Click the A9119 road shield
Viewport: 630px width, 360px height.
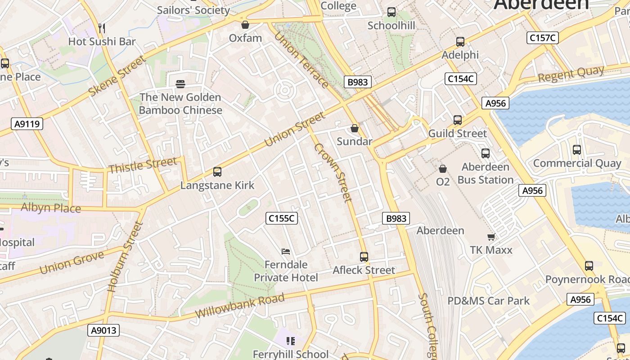pyautogui.click(x=27, y=123)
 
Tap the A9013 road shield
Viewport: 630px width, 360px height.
pyautogui.click(x=103, y=330)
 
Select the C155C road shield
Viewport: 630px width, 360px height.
pyautogui.click(x=282, y=218)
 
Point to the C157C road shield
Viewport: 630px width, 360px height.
pyautogui.click(x=543, y=38)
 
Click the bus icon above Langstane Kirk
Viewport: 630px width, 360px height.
pyautogui.click(x=217, y=171)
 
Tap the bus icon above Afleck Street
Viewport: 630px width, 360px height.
pyautogui.click(x=364, y=257)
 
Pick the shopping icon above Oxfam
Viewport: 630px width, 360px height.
pyautogui.click(x=245, y=25)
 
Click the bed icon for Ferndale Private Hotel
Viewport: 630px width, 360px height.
pyautogui.click(x=285, y=251)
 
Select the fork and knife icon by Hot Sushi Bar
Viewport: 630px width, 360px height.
pyautogui.click(x=102, y=28)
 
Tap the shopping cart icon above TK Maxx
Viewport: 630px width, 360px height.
pyautogui.click(x=491, y=237)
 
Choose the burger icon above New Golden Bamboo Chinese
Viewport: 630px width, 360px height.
pyautogui.click(x=180, y=84)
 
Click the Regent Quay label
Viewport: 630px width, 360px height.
pyautogui.click(x=571, y=74)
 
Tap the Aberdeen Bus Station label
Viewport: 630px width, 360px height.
pyautogui.click(x=486, y=173)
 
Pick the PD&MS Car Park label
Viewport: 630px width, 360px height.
pyautogui.click(x=488, y=301)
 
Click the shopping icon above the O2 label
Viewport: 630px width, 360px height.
pyautogui.click(x=443, y=169)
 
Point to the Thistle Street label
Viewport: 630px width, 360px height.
pyautogui.click(x=143, y=165)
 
